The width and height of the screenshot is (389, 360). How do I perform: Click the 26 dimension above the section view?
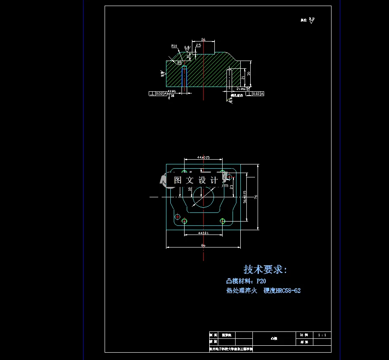[x=203, y=39]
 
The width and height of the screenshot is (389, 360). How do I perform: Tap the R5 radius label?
[x=179, y=62]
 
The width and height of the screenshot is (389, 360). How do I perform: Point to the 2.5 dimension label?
[x=198, y=45]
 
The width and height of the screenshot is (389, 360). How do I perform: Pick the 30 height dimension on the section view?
[x=249, y=74]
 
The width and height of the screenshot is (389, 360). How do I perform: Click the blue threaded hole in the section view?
[x=185, y=78]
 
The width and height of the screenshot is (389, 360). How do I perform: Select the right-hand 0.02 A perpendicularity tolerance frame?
[x=255, y=93]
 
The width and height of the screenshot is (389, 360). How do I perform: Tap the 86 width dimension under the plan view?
[x=203, y=245]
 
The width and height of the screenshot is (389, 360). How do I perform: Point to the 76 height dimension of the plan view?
[x=255, y=197]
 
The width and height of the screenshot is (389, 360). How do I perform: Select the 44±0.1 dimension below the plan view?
[x=203, y=233]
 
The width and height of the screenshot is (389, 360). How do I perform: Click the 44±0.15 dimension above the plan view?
[x=203, y=157]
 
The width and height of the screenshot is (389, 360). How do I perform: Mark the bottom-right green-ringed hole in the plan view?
[x=223, y=221]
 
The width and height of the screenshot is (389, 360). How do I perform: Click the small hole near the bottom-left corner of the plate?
[x=177, y=216]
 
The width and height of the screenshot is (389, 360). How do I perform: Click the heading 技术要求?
[x=265, y=270]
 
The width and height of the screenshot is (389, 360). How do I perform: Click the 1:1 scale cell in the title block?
[x=322, y=335]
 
